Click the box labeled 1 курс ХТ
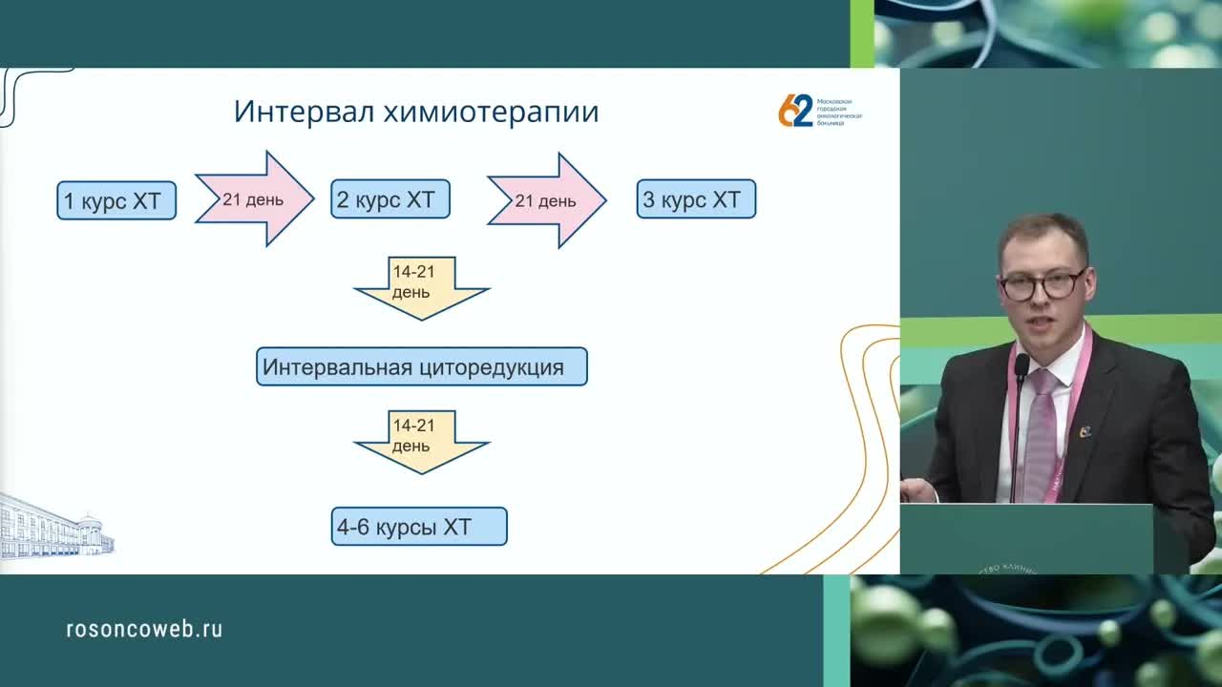(116, 201)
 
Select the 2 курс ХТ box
(390, 200)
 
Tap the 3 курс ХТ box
(696, 200)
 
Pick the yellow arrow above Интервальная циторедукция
(421, 286)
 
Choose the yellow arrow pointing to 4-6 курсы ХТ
(421, 440)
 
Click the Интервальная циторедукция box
(421, 367)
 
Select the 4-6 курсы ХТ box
(419, 528)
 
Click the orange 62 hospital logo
(795, 111)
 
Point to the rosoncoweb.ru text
(144, 629)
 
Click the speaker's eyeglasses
(1043, 284)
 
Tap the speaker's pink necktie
(1041, 434)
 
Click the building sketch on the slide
(55, 528)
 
